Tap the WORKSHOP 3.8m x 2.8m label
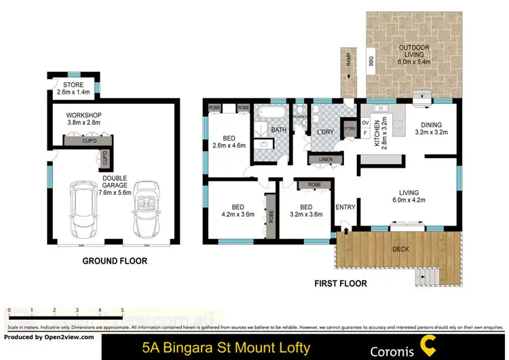click(83, 119)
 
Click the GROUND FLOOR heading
click(115, 260)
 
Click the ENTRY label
click(345, 207)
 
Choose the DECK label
click(401, 249)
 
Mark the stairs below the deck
click(426, 276)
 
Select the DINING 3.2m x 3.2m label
click(430, 128)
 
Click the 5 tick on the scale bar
click(122, 310)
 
